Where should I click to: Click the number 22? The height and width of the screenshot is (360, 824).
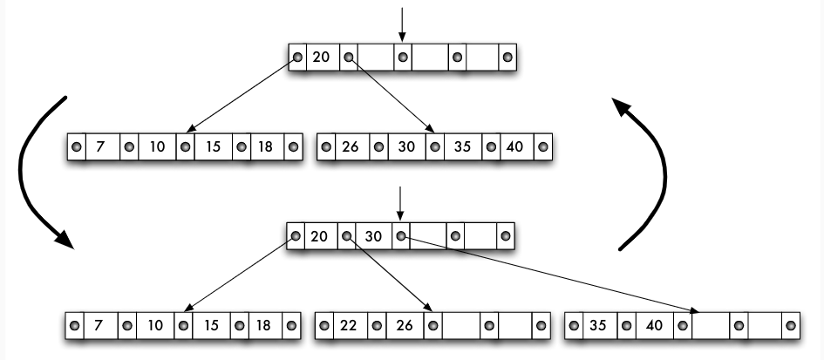click(349, 325)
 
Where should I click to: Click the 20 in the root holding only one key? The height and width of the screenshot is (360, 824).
click(321, 58)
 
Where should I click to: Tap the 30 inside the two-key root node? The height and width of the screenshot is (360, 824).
click(373, 235)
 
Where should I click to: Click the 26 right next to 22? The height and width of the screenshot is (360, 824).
click(404, 325)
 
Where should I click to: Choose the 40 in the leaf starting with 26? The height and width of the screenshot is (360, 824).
click(514, 146)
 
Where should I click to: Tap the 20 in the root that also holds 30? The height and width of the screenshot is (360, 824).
click(320, 235)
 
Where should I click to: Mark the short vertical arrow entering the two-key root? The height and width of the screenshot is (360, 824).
click(399, 202)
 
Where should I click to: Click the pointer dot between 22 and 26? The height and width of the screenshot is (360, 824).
click(376, 325)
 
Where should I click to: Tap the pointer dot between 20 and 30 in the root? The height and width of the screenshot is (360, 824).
click(347, 235)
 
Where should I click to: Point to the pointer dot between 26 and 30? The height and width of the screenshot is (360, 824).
click(378, 146)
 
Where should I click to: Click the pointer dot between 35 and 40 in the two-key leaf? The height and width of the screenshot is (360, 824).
click(625, 325)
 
